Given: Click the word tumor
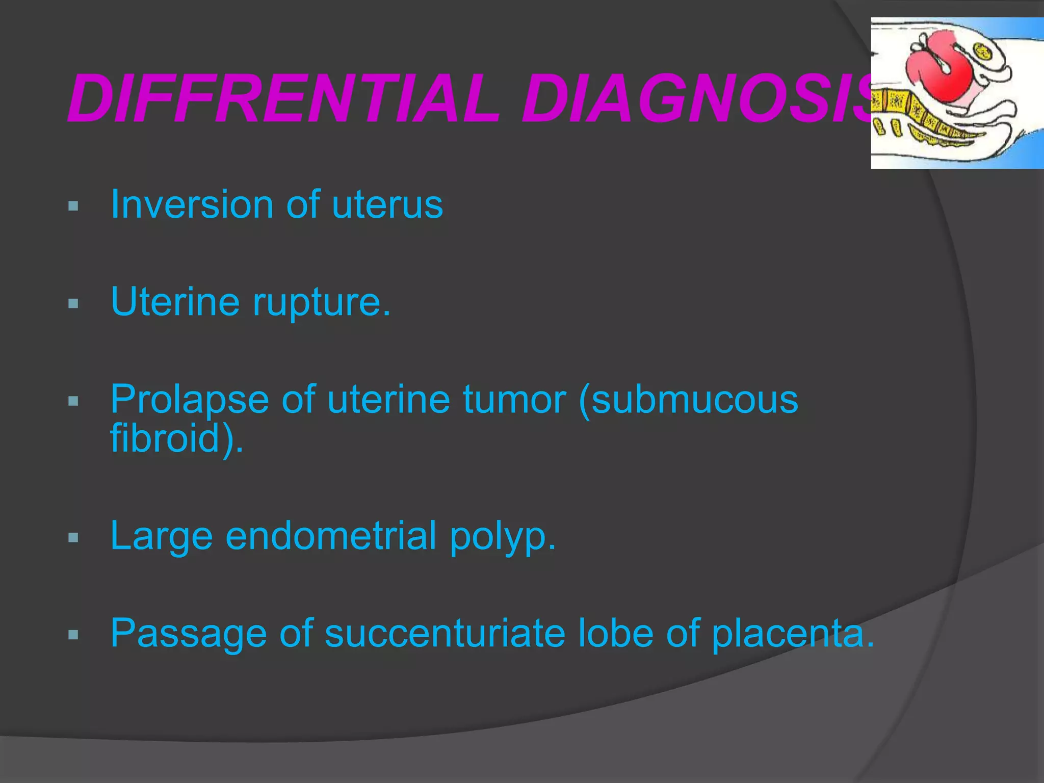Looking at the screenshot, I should click(x=515, y=399).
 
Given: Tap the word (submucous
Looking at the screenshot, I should click(x=688, y=399).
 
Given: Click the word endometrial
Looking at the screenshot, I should click(x=331, y=536).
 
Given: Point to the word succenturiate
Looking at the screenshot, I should click(x=445, y=634).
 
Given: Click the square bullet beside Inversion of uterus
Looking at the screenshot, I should click(x=73, y=206).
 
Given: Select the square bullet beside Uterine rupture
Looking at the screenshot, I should click(x=73, y=304).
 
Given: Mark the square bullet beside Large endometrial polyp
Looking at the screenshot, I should click(x=73, y=537).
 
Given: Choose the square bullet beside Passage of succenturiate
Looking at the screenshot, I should click(x=73, y=635).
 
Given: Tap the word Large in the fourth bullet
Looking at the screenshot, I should click(x=161, y=536).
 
